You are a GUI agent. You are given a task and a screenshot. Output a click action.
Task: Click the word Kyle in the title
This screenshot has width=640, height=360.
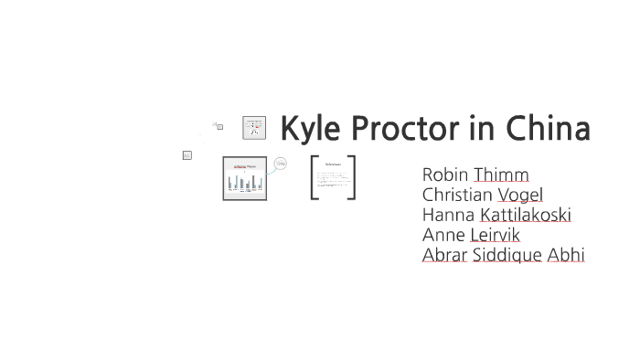pos(308,130)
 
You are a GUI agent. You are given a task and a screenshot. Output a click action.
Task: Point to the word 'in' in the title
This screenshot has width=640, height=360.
pos(481,130)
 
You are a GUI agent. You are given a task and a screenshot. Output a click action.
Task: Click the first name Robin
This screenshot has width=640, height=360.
pos(445,175)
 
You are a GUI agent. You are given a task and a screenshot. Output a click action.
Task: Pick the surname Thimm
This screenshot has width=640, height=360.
pos(501,175)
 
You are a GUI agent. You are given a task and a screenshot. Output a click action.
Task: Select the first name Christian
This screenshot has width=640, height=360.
pos(457,195)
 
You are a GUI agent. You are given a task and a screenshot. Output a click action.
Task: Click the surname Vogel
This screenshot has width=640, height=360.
pos(520,195)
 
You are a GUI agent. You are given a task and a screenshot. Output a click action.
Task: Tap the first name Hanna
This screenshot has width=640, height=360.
pos(448,215)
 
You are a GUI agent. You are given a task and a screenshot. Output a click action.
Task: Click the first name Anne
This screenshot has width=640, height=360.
pos(443,235)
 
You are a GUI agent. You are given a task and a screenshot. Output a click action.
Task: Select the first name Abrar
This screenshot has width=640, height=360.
pos(444,255)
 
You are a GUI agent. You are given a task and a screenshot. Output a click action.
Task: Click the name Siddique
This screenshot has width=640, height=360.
pos(507,255)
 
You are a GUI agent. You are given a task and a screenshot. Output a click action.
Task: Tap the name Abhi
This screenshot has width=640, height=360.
pos(565,255)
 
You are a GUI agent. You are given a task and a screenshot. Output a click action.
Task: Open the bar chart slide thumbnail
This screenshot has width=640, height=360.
pos(244,178)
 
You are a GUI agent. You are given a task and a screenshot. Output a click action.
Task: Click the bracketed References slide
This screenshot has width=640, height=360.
pos(333,177)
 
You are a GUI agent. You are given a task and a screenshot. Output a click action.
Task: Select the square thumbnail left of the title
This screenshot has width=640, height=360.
pos(254,128)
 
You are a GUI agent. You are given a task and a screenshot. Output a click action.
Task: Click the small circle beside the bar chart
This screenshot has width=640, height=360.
pos(280,164)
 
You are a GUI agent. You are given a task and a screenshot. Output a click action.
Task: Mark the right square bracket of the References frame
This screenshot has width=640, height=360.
pos(352,177)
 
